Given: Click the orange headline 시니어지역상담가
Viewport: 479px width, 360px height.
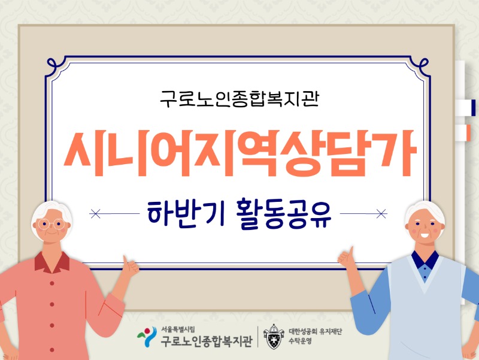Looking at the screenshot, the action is [x=241, y=153].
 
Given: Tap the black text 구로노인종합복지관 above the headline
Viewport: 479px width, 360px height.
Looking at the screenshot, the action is [x=239, y=99].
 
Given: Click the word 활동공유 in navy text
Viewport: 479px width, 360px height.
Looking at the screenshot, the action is [x=284, y=213].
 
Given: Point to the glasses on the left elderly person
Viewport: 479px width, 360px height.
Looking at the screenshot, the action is [x=51, y=224].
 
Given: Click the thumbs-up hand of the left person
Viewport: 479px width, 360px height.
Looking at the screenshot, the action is [x=130, y=267].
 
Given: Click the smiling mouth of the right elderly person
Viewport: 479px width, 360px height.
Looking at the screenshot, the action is [x=425, y=235].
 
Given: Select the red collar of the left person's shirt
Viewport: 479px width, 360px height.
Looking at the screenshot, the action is [x=52, y=262].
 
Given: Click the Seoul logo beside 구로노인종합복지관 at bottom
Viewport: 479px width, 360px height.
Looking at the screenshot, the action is [x=147, y=337].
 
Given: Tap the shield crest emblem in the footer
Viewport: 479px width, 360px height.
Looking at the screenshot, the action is [x=274, y=337].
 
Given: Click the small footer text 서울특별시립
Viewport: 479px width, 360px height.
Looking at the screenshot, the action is [x=178, y=329].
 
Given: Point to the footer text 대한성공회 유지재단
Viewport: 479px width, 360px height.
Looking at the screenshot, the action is [x=316, y=331].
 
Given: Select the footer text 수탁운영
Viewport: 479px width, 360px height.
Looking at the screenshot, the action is [x=301, y=341].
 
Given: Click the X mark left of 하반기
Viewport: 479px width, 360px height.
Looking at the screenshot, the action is [x=96, y=214].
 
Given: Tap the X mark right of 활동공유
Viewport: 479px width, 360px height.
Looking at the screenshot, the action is [x=381, y=214].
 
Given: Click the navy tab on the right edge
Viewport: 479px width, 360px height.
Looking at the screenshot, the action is [x=474, y=108].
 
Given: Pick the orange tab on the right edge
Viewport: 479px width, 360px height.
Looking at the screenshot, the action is [x=468, y=132].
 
